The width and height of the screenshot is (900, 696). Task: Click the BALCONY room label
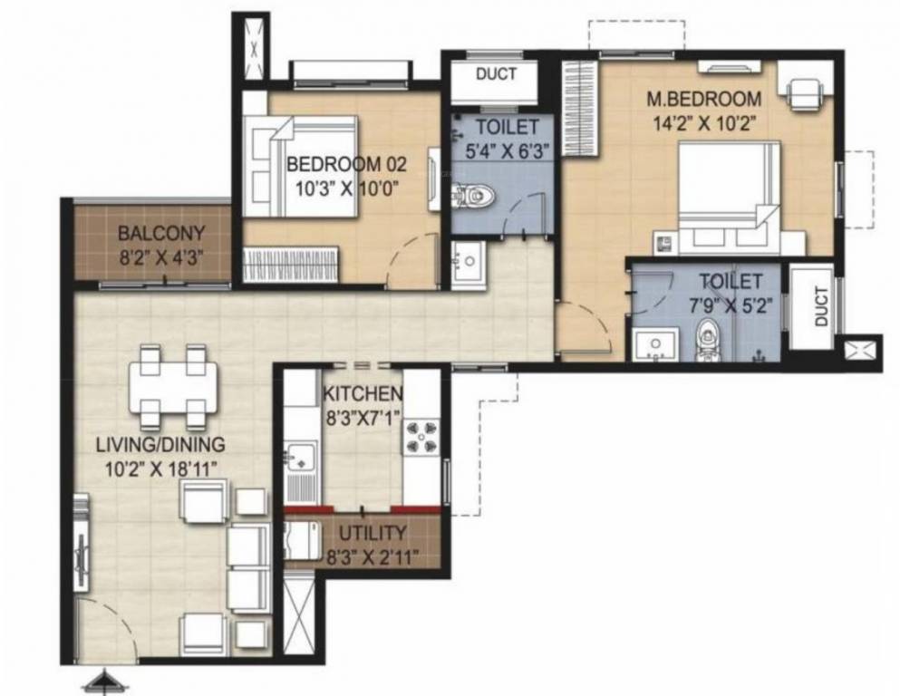click(160, 234)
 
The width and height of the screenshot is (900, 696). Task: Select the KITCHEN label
click(363, 393)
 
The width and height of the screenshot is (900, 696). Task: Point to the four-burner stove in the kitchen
click(421, 436)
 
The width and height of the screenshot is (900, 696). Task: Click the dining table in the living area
click(173, 389)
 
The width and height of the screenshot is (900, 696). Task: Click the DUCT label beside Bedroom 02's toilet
click(496, 73)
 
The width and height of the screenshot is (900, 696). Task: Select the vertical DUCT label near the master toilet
click(821, 307)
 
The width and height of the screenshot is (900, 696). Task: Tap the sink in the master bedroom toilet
click(654, 345)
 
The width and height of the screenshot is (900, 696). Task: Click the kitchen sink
click(301, 456)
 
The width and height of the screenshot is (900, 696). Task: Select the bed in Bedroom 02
click(299, 167)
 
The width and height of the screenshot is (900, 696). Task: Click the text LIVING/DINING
click(160, 445)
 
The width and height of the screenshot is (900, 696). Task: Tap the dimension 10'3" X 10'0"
click(347, 188)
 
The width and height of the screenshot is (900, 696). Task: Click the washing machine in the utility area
click(303, 539)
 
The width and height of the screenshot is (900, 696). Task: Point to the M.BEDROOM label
click(704, 99)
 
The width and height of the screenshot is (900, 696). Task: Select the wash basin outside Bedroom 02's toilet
click(468, 262)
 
